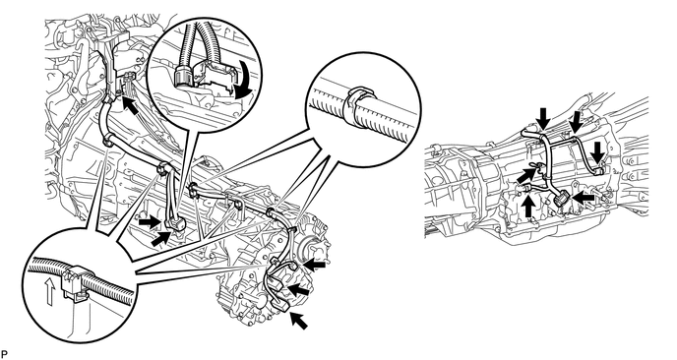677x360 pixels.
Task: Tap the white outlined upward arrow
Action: [x=50, y=291]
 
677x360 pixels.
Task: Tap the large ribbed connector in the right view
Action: [x=561, y=200]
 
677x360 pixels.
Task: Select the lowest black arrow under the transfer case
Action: [x=298, y=320]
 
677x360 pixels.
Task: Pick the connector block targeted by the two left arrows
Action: [x=175, y=223]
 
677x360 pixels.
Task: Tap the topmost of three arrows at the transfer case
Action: [x=314, y=263]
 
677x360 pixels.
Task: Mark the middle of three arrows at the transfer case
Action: [x=298, y=289]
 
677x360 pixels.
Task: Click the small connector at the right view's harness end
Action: [x=597, y=172]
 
